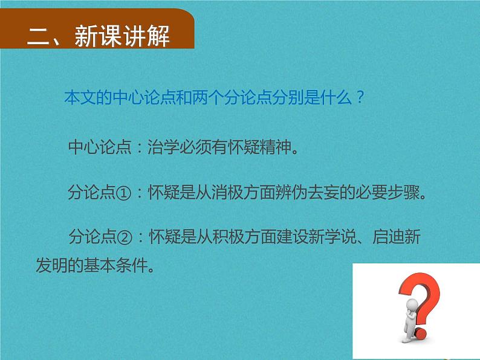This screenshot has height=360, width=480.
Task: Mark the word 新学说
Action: pos(347,238)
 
